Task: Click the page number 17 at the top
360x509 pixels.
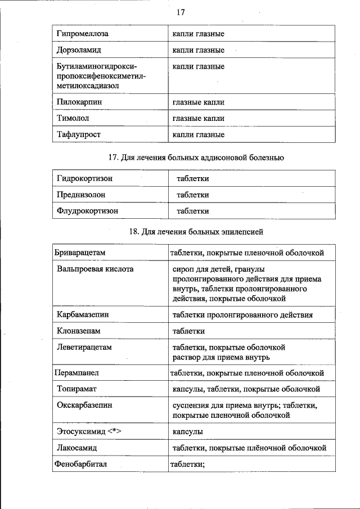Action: [x=180, y=12]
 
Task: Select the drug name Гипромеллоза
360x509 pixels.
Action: [x=83, y=34]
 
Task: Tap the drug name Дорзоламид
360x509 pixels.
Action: [x=80, y=50]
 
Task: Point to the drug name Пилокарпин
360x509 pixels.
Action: [x=79, y=102]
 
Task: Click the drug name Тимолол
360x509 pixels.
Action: [x=73, y=118]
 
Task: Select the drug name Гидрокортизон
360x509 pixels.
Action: [x=85, y=178]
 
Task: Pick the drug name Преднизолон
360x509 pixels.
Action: [x=81, y=195]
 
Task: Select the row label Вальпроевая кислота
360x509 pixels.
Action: [x=95, y=269]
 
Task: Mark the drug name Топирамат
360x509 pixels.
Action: [x=78, y=389]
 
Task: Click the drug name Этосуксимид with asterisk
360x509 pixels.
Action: [x=89, y=431]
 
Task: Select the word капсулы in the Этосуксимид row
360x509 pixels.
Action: [x=188, y=431]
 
